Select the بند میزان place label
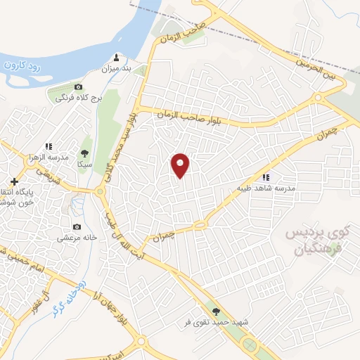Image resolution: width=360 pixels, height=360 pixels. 117,69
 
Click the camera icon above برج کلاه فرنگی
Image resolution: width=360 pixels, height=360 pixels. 79,86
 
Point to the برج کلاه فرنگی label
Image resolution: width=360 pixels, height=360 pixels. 79,98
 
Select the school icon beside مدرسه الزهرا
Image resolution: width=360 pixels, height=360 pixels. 49,146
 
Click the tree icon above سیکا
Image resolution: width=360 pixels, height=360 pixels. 85,152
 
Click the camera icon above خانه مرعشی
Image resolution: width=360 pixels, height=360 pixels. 77,227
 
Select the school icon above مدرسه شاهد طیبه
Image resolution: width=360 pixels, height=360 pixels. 266,178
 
